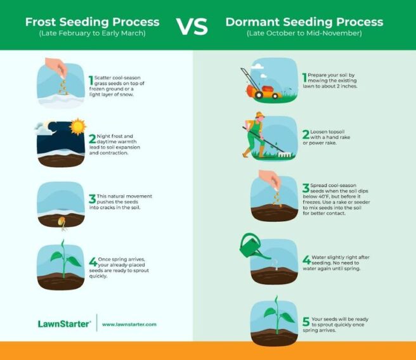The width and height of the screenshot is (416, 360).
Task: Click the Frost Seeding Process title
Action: [x=92, y=22]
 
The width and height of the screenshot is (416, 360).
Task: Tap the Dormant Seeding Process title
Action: [x=304, y=22]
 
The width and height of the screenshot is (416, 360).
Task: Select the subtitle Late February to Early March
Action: [x=92, y=33]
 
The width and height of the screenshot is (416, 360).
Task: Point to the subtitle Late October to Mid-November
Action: [x=304, y=33]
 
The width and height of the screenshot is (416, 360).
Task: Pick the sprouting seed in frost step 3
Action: [x=62, y=221]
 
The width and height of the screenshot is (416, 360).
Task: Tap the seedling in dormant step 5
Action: [x=273, y=315]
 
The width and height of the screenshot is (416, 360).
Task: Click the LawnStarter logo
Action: [x=63, y=323]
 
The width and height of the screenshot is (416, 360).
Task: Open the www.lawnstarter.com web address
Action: [x=129, y=324]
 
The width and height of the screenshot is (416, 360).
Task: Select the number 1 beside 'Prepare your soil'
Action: [x=305, y=78]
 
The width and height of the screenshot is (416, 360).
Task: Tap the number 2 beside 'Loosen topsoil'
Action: [x=306, y=134]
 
